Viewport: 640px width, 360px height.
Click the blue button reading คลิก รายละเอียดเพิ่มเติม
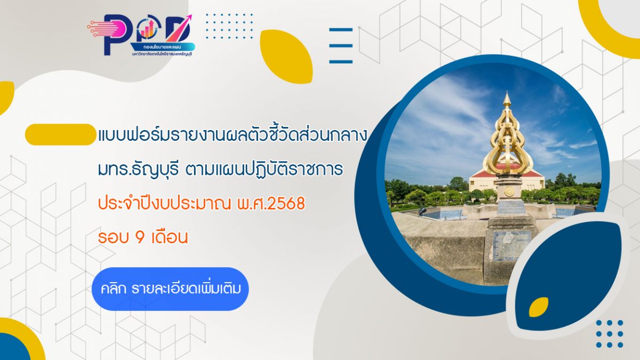[170, 289]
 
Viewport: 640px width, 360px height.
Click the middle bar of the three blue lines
[340, 46]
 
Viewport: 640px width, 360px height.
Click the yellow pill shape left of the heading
[60, 134]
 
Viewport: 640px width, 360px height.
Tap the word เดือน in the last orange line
[170, 238]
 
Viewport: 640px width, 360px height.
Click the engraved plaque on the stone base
[511, 245]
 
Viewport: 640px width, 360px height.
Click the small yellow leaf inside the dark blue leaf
[538, 307]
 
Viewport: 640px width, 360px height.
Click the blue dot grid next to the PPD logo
[229, 26]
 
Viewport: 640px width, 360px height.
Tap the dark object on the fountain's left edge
[422, 212]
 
